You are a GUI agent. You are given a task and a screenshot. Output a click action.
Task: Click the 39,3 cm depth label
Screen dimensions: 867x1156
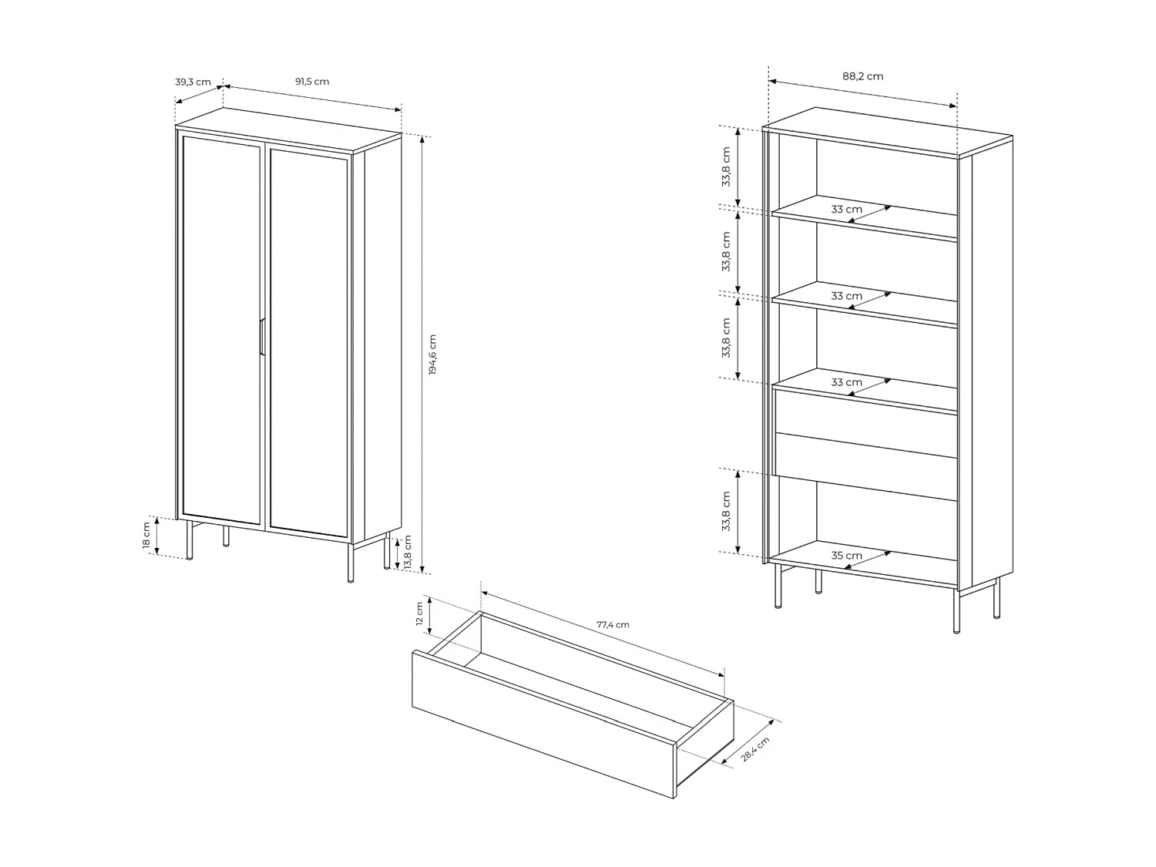pyautogui.click(x=193, y=82)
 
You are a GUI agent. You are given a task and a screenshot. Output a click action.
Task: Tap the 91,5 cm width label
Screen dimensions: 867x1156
pyautogui.click(x=312, y=82)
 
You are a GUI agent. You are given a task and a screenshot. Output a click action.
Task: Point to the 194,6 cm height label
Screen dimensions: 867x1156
pyautogui.click(x=432, y=355)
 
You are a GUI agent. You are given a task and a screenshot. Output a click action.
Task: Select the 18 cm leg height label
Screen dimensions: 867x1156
pyautogui.click(x=146, y=536)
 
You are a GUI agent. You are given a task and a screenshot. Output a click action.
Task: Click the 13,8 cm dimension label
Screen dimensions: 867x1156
pyautogui.click(x=408, y=553)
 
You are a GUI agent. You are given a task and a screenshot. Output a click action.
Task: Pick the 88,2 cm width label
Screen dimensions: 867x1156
pyautogui.click(x=862, y=76)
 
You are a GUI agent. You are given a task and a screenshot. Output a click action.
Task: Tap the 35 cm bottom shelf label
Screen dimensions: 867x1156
pyautogui.click(x=846, y=556)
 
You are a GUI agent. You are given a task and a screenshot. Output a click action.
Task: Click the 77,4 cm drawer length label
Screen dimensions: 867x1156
pyautogui.click(x=613, y=624)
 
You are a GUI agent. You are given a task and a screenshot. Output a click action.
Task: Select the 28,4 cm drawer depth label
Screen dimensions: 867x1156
pyautogui.click(x=755, y=749)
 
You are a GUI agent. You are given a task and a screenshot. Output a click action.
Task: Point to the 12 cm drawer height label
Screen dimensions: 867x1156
pyautogui.click(x=419, y=613)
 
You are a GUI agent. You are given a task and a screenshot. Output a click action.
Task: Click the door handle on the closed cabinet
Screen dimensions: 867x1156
pyautogui.click(x=262, y=337)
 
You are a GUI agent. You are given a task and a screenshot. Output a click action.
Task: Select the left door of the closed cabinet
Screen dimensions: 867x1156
pyautogui.click(x=222, y=331)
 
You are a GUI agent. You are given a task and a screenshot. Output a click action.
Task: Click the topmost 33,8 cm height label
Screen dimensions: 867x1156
pyautogui.click(x=726, y=167)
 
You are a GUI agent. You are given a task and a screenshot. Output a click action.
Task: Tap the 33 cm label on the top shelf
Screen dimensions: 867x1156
pyautogui.click(x=846, y=210)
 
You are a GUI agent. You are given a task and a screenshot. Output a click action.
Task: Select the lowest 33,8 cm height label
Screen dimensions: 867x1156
pyautogui.click(x=726, y=511)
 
